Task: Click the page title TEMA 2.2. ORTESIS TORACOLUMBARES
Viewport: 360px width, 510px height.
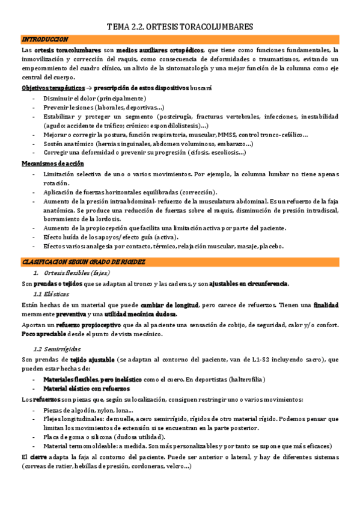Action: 180,27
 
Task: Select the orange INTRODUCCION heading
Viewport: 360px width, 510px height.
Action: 45,39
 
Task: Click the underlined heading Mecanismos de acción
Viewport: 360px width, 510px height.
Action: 53,164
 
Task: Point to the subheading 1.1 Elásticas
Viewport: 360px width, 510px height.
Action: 51,294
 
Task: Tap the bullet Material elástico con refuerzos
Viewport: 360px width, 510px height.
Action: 94,389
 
